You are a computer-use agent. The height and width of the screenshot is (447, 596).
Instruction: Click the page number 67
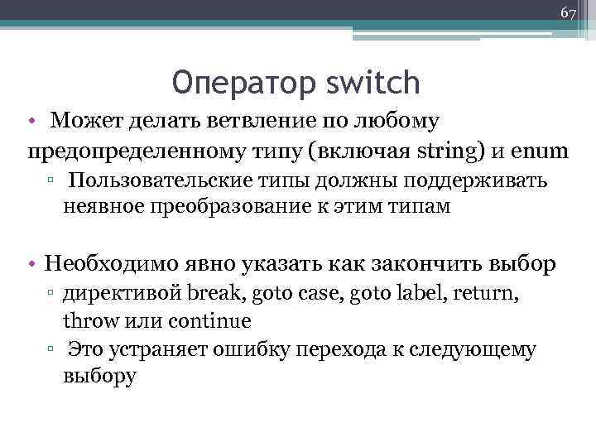568,13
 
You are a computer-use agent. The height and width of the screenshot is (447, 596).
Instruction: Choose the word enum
541,151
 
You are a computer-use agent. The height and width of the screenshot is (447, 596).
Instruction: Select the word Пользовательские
158,182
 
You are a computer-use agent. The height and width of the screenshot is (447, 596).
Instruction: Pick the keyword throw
87,320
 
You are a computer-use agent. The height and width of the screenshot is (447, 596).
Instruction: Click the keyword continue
209,320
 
